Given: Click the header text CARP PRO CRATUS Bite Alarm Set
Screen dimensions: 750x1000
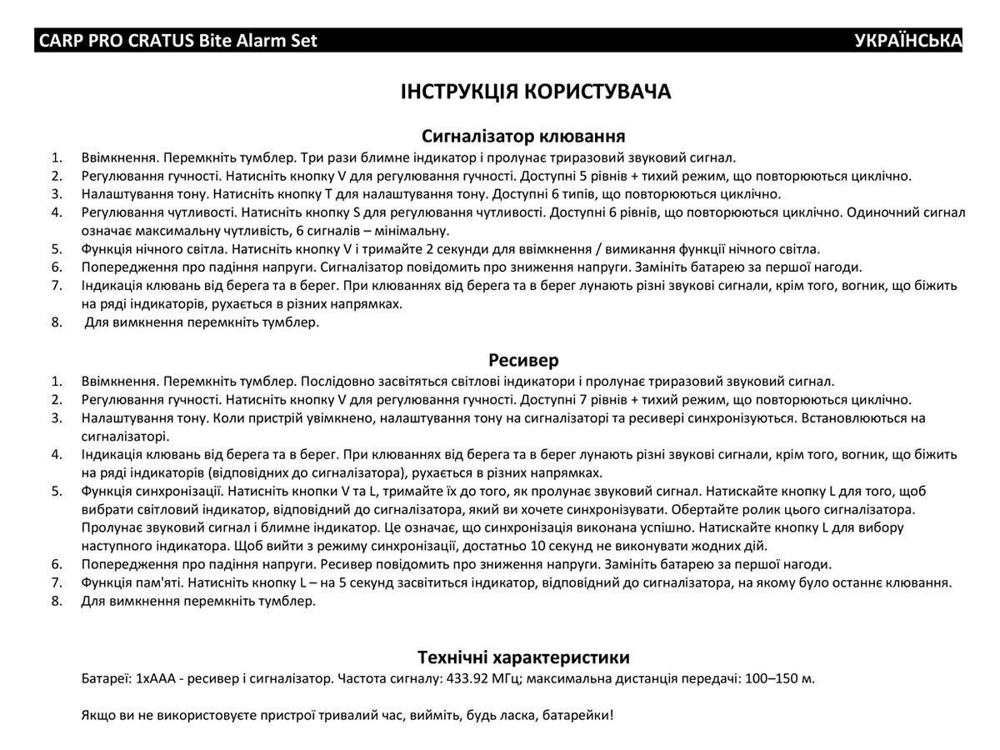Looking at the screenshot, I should pyautogui.click(x=178, y=41).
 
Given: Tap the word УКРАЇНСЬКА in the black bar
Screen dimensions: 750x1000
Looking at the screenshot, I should pyautogui.click(x=907, y=41).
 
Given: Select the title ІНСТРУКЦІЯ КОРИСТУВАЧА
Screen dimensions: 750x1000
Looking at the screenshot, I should pyautogui.click(x=535, y=92).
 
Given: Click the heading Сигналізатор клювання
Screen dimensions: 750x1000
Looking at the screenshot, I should pyautogui.click(x=523, y=136).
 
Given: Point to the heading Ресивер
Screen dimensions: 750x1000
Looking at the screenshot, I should pyautogui.click(x=523, y=360).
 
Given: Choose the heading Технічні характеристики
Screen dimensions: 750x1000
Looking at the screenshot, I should pyautogui.click(x=523, y=657).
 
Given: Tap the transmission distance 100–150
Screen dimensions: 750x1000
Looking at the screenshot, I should pyautogui.click(x=769, y=678).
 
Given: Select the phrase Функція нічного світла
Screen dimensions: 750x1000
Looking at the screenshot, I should pyautogui.click(x=153, y=249).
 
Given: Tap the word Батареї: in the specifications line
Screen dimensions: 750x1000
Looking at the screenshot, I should pyautogui.click(x=106, y=678).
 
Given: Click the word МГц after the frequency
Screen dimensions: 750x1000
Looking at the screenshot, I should pyautogui.click(x=507, y=678).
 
